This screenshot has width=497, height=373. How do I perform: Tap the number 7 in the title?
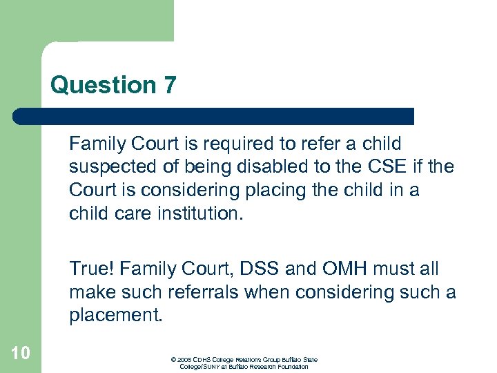170,86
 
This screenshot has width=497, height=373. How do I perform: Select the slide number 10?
20,354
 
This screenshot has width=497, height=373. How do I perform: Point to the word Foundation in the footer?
292,367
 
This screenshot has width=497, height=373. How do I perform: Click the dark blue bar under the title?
214,116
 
